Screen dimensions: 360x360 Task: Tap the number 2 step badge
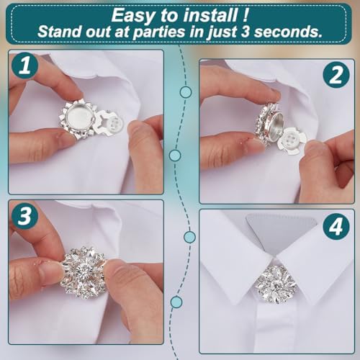(x=336, y=74)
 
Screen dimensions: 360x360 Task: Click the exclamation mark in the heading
(x=247, y=14)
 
